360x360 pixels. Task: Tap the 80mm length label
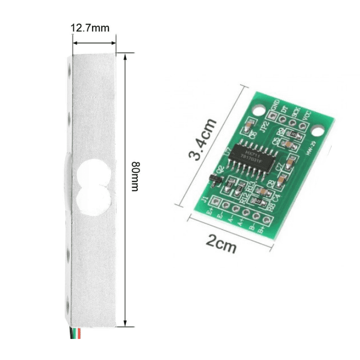pyautogui.click(x=135, y=176)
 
